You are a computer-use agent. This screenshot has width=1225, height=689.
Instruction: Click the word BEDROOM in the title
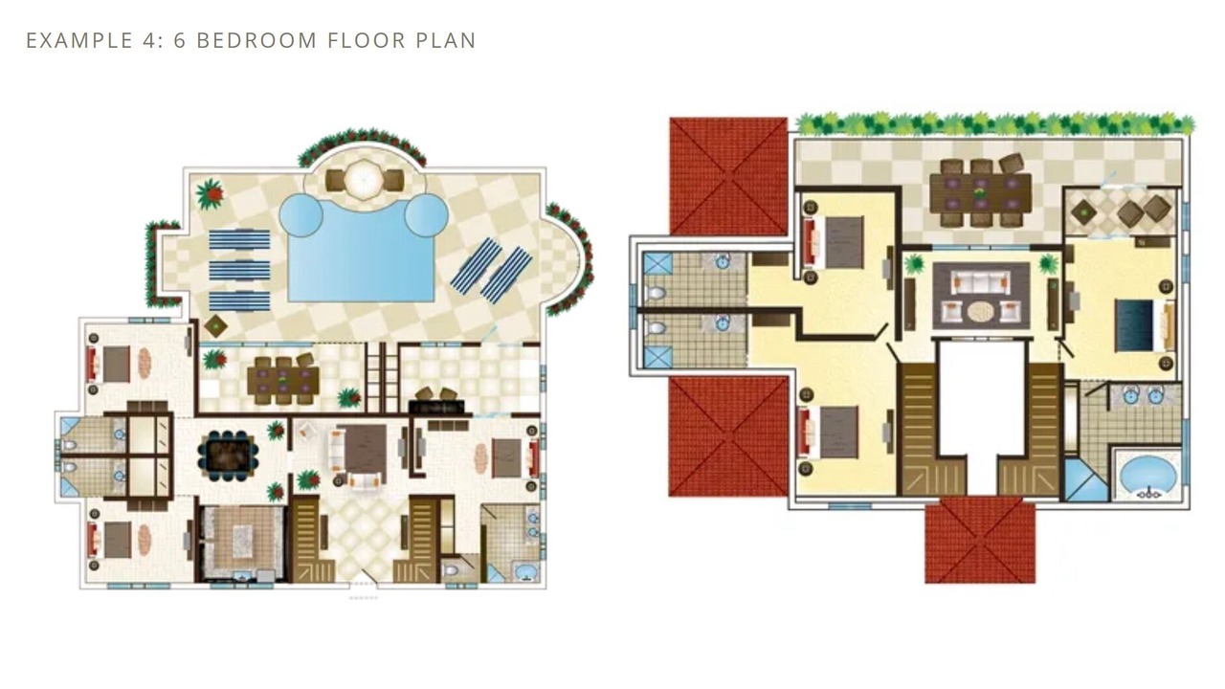[256, 40]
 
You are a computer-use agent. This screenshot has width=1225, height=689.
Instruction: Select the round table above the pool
[365, 179]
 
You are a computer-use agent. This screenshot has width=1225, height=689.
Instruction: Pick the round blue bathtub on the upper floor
[1147, 474]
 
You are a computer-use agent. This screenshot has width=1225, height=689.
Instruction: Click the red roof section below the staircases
[980, 541]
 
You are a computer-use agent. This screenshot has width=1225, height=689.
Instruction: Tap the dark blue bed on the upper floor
[1135, 324]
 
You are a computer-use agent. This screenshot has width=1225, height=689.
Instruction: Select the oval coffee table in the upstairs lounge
[983, 312]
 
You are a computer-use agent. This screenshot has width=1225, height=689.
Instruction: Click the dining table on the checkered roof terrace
[981, 192]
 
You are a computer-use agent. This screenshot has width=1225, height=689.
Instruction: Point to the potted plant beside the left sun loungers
[210, 193]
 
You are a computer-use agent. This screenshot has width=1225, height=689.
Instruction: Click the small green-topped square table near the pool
[215, 326]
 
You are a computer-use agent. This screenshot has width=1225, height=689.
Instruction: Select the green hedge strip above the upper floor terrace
[995, 123]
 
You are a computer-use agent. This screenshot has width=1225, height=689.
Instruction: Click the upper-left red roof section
[729, 176]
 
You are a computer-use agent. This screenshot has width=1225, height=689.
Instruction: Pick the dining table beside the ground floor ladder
[282, 381]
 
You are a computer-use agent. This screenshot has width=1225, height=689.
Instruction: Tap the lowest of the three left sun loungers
[239, 300]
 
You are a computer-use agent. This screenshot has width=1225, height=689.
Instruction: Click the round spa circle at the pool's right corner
[427, 215]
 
